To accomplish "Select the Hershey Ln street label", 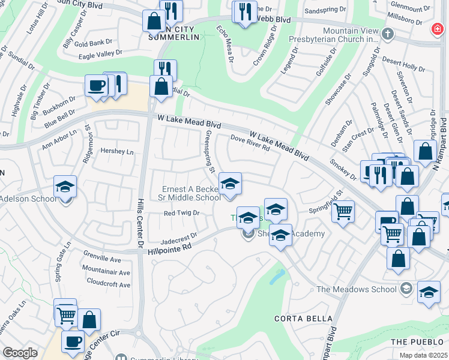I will click(117, 151).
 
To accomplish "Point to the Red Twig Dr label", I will click(181, 213).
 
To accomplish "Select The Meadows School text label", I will click(357, 289).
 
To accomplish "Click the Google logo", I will click(20, 353).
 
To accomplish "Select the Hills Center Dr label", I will click(140, 222).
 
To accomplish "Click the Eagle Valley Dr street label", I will click(100, 55).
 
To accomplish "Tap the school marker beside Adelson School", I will click(65, 186).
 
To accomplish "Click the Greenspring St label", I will click(209, 152).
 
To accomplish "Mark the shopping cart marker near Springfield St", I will click(343, 211).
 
